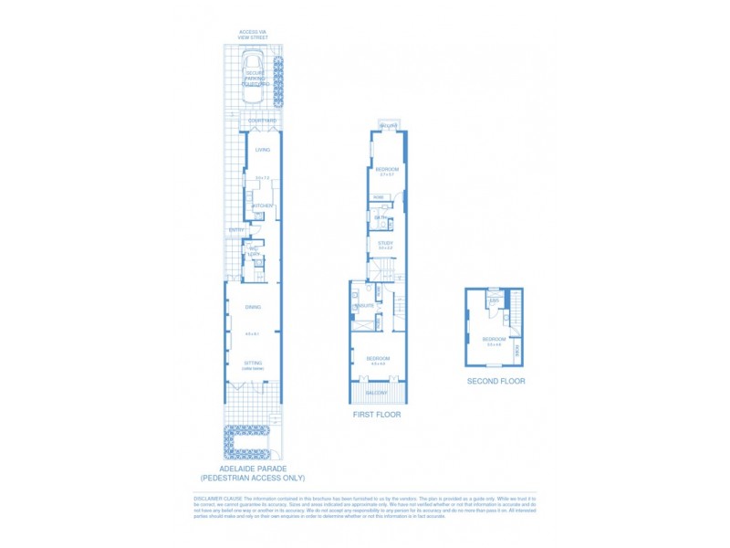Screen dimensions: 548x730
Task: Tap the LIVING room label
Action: click(262, 150)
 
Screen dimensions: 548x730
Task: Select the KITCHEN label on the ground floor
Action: click(262, 205)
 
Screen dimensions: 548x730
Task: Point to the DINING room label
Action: click(253, 308)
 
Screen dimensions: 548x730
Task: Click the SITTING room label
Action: click(253, 363)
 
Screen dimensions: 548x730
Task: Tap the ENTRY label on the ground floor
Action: click(235, 229)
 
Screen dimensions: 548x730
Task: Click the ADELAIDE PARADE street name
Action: click(253, 469)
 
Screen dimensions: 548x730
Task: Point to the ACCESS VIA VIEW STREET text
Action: click(252, 35)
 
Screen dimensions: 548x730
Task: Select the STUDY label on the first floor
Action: click(385, 242)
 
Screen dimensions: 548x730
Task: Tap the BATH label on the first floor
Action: click(377, 217)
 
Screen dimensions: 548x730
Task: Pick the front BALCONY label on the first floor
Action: click(377, 393)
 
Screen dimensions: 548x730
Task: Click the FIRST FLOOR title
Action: click(377, 415)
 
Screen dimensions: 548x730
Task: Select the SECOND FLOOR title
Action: click(495, 381)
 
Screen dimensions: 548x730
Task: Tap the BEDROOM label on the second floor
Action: click(495, 340)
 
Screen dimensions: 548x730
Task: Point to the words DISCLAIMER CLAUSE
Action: click(215, 499)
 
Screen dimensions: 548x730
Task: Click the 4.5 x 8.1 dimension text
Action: click(253, 333)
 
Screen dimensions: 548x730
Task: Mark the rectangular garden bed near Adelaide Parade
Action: click(246, 444)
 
